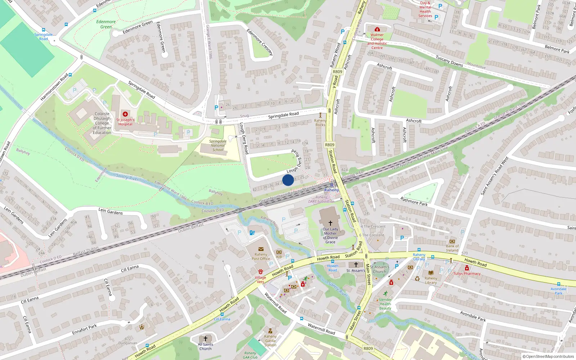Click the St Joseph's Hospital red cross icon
click(x=125, y=114)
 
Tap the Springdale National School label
click(x=218, y=145)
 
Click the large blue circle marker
click(x=288, y=180)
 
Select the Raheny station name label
click(x=332, y=190)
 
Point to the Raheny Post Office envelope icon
click(x=261, y=249)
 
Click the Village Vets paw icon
click(x=261, y=271)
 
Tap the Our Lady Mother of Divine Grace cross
click(x=330, y=223)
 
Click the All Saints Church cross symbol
click(x=206, y=339)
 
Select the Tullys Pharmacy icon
click(x=467, y=268)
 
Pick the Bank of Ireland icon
click(x=452, y=241)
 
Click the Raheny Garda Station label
click(x=270, y=341)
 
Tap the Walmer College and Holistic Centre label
click(x=377, y=41)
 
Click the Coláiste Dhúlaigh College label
click(x=102, y=123)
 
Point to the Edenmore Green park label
click(x=106, y=24)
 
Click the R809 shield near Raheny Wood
click(x=337, y=72)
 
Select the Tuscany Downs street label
click(x=449, y=61)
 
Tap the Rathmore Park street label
click(x=414, y=201)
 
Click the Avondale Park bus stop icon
click(x=558, y=284)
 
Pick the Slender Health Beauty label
click(x=385, y=304)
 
